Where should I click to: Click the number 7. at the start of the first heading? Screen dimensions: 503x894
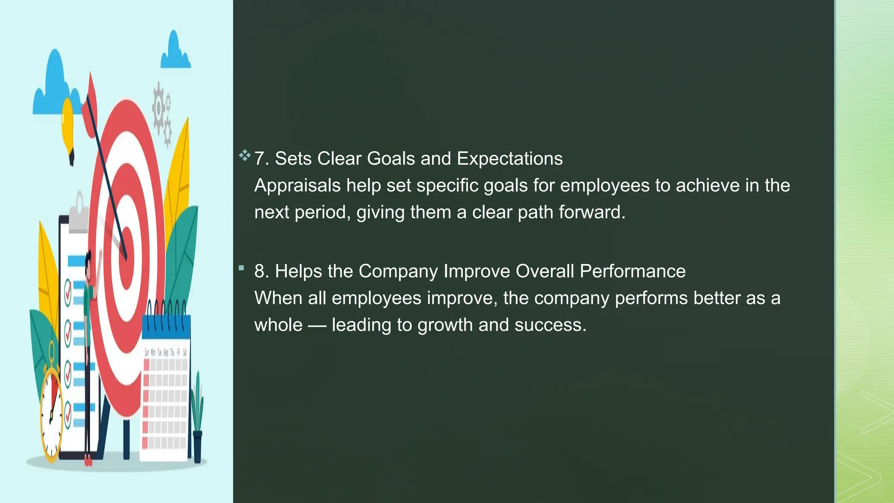(261, 158)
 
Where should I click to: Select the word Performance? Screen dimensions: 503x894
(633, 271)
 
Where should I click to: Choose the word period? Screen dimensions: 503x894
(322, 213)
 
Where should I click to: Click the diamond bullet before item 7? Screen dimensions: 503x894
(244, 155)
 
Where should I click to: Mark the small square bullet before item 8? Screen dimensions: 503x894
(241, 268)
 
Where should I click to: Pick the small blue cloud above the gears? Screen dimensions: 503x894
(175, 52)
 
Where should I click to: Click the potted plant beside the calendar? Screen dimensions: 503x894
(197, 419)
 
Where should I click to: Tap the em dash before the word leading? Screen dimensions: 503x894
(317, 325)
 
